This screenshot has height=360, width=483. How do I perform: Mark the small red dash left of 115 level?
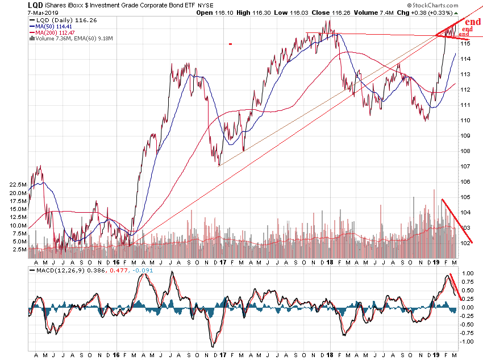230,44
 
